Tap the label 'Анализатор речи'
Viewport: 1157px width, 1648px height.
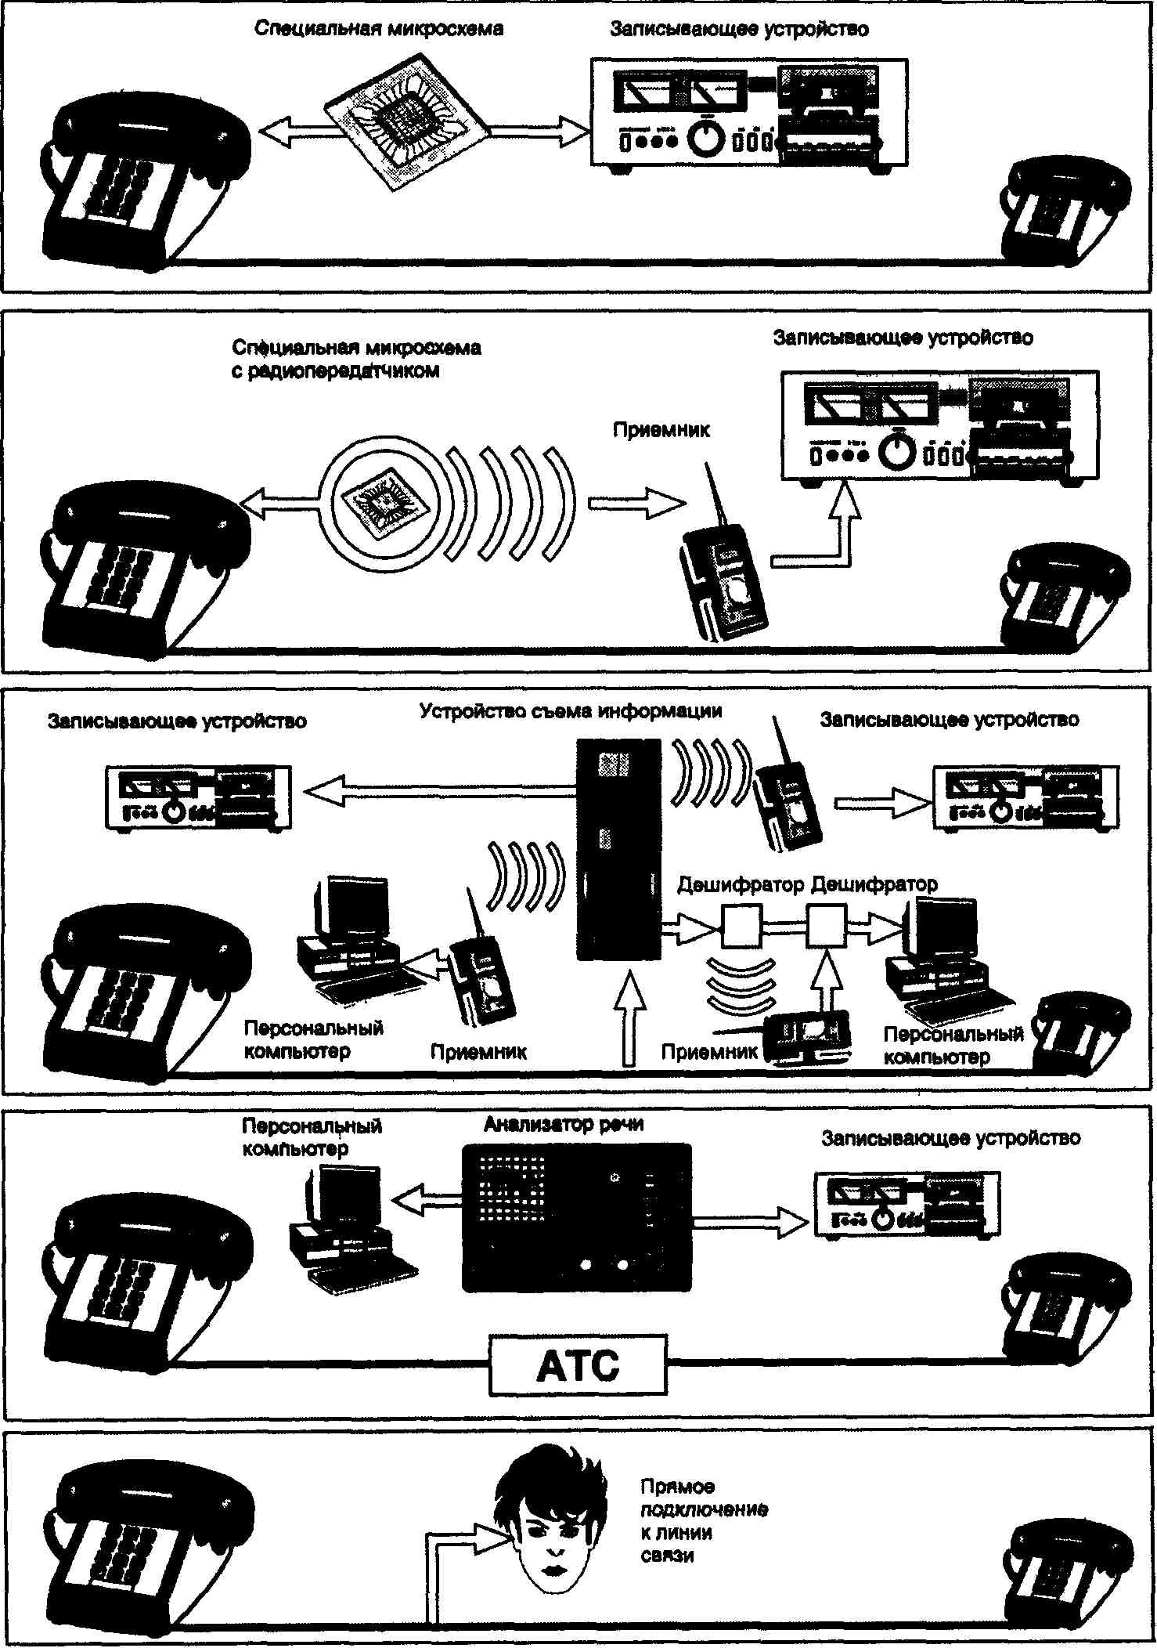coord(564,1125)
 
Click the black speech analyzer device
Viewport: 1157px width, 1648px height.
coord(577,1217)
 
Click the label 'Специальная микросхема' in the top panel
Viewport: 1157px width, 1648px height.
coord(379,29)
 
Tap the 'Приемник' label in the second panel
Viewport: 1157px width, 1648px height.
coord(661,430)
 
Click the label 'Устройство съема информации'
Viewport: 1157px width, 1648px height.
coord(571,711)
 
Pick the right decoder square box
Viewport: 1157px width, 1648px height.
coord(826,926)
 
